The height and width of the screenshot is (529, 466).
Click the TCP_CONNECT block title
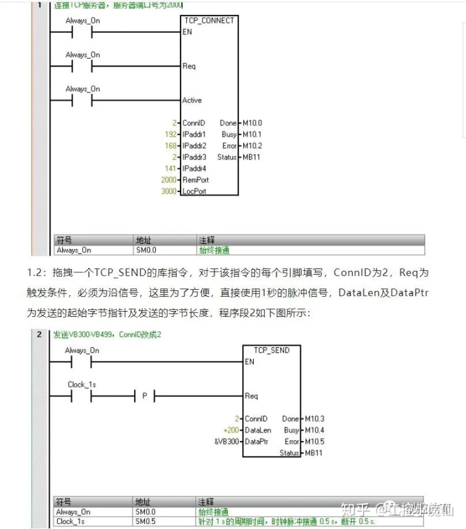coord(210,20)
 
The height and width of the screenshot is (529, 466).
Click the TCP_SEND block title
coord(272,350)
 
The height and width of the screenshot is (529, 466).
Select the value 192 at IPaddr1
coord(170,134)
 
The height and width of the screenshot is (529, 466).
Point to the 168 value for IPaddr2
coord(170,146)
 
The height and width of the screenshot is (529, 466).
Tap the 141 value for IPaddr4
coord(170,169)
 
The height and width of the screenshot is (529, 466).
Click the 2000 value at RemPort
coord(168,180)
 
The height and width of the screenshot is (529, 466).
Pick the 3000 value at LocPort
coord(168,192)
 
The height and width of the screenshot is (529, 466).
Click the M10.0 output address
coord(252,123)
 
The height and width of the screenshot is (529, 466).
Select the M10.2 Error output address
coord(252,146)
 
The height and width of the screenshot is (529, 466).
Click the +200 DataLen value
coord(230,430)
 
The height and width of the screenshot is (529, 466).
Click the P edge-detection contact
coord(144,396)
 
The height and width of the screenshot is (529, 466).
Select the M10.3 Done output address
coord(314,419)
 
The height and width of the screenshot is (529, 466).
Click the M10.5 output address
coord(314,442)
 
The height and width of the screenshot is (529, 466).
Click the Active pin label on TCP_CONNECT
coord(192,100)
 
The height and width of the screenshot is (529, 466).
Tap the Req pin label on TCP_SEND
coord(251,396)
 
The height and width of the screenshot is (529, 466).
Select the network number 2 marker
coord(40,334)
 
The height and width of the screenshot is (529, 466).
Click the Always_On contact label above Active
coord(83,89)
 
